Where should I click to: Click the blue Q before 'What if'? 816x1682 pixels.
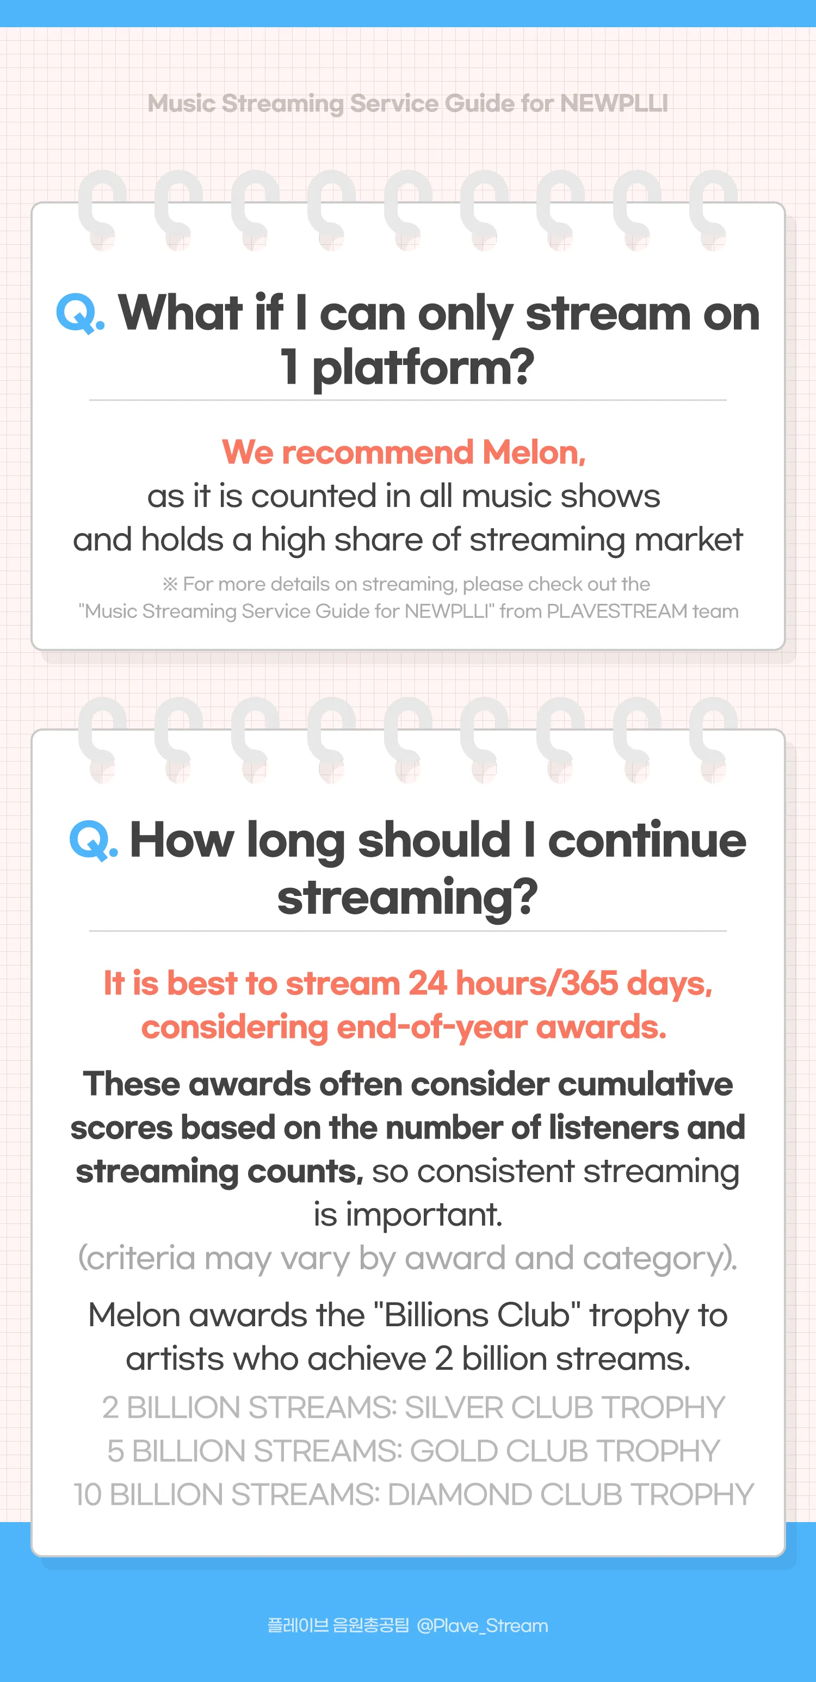tap(76, 313)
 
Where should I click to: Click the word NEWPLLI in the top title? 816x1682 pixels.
tap(614, 103)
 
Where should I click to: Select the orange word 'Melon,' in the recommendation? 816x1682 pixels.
tap(534, 453)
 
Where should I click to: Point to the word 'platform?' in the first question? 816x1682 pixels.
tap(423, 368)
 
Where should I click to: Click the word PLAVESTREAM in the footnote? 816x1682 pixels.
tap(617, 611)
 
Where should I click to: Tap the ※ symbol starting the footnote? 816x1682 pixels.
tap(170, 584)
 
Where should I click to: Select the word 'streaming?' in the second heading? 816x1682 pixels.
tap(407, 897)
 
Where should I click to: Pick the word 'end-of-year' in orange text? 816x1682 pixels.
tap(431, 1027)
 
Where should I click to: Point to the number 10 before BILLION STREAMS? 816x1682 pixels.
tap(88, 1495)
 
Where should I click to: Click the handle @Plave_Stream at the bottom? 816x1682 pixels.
tap(483, 1625)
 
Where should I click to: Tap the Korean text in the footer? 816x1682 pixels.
tap(338, 1625)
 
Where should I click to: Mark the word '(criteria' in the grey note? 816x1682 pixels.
tap(137, 1258)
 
